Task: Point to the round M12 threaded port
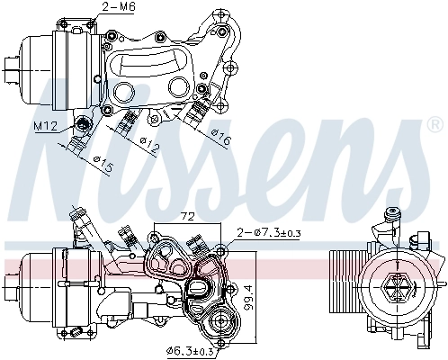pyautogui.click(x=83, y=124)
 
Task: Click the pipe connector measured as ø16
pyautogui.click(x=196, y=115)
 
